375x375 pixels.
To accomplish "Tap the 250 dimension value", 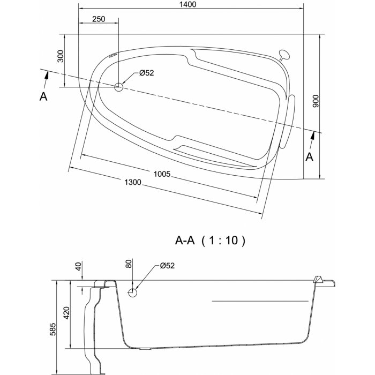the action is click(99, 19).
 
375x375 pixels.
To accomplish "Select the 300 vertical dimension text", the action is click(61, 56).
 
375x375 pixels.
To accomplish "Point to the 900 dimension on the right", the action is click(316, 101).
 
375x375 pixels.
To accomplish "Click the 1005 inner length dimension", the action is click(162, 174).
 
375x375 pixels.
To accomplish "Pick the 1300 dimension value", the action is click(133, 182).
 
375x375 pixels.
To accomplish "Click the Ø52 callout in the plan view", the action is click(147, 73).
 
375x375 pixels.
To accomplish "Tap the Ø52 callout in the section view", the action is click(167, 266).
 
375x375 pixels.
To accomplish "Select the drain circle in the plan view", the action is click(118, 87).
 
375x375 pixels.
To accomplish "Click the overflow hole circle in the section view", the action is click(132, 292).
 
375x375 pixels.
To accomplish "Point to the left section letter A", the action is click(43, 96).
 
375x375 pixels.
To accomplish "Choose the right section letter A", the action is click(310, 157).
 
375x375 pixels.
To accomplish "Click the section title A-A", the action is click(185, 241).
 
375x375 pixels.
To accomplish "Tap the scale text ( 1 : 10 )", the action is click(223, 241).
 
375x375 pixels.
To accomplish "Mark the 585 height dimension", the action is click(52, 329).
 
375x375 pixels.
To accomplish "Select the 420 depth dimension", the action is click(66, 313).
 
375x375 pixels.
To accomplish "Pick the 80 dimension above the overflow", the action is click(129, 264).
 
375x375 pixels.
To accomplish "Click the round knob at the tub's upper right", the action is click(284, 55).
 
